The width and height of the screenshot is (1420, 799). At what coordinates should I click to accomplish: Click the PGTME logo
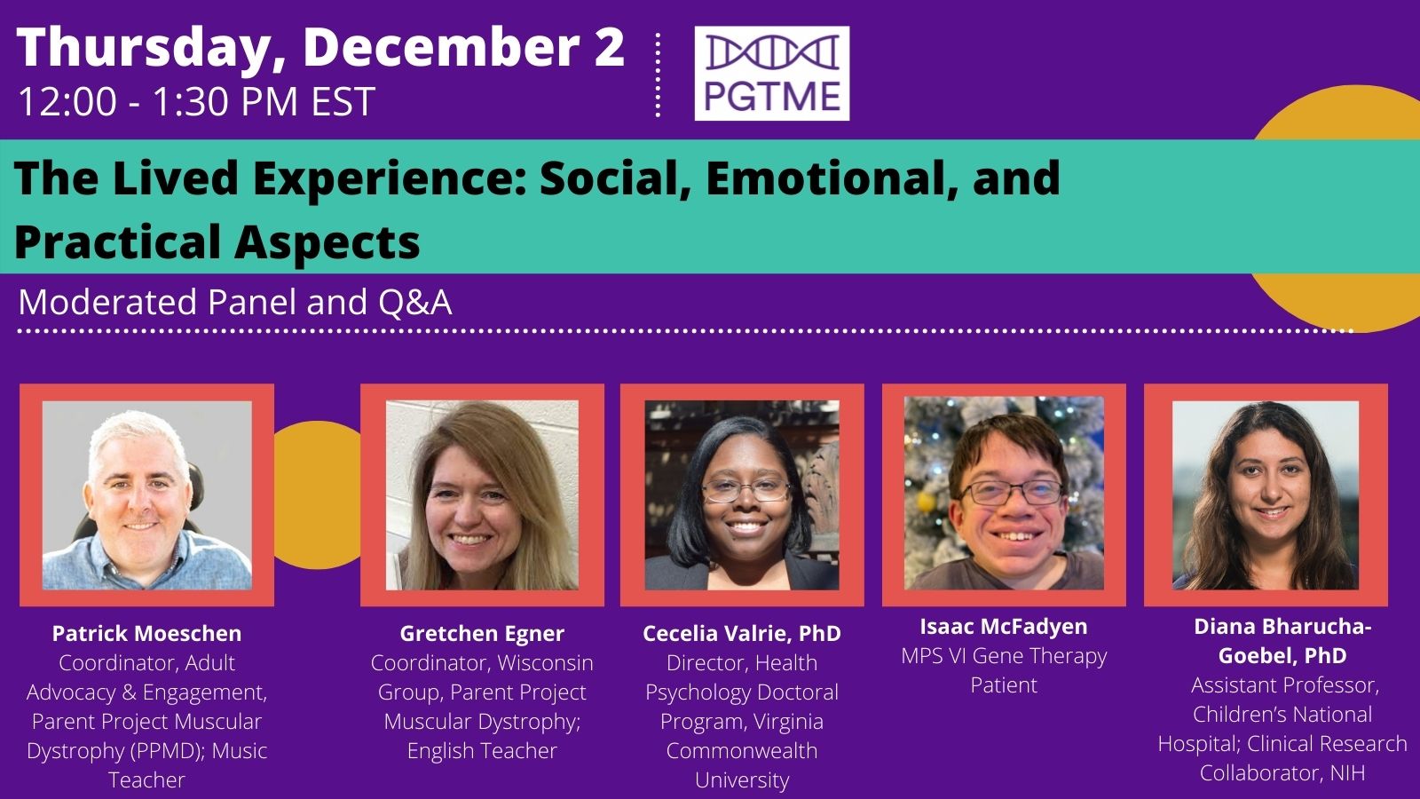tap(771, 73)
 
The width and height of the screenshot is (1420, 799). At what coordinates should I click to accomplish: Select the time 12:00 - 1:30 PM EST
tap(196, 101)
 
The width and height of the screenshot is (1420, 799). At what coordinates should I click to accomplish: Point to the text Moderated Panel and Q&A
tap(235, 302)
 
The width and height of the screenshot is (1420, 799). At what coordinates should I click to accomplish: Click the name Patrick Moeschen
tap(146, 633)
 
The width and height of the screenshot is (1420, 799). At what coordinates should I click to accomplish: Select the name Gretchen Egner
tap(482, 633)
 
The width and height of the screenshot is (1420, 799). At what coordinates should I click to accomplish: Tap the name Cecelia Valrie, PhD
tap(742, 633)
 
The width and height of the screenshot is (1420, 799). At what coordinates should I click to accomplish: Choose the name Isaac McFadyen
tap(1004, 626)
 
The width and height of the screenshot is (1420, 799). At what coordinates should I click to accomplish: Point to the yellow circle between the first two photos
tap(317, 494)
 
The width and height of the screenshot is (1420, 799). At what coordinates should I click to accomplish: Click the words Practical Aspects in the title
tap(217, 242)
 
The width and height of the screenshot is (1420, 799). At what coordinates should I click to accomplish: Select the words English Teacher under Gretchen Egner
tap(482, 750)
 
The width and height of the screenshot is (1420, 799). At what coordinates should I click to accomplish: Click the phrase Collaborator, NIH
tap(1282, 773)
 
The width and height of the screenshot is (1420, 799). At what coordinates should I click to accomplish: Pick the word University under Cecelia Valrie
tap(742, 779)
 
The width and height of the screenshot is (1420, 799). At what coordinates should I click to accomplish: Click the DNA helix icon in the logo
tap(772, 52)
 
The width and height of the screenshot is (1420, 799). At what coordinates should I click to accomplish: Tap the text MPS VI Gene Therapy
tap(1004, 656)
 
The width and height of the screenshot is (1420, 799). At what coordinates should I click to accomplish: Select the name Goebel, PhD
tap(1282, 655)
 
